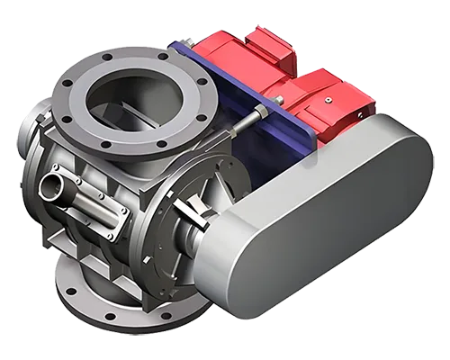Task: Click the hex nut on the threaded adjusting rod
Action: tap(259, 112)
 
